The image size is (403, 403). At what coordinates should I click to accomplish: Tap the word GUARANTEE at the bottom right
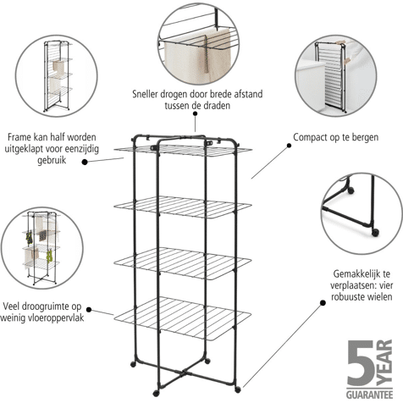[369, 395]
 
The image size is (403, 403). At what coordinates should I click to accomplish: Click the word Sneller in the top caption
[145, 94]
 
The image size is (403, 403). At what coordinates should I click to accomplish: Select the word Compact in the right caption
[308, 137]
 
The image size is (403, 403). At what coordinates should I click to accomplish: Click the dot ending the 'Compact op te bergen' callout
[289, 146]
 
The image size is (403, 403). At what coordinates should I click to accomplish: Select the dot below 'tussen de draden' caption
[195, 113]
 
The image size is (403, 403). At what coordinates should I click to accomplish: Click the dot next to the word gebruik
[85, 162]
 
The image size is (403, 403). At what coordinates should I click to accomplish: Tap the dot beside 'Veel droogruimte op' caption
[89, 310]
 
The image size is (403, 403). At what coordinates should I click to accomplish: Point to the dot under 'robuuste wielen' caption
[323, 303]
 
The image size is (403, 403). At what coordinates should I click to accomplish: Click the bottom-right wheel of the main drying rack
[238, 389]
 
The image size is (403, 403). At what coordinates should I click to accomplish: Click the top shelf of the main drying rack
[183, 150]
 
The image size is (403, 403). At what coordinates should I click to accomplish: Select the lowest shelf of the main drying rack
[182, 317]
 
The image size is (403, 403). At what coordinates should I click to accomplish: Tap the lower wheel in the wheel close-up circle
[375, 233]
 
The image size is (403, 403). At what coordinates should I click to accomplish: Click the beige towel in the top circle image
[193, 58]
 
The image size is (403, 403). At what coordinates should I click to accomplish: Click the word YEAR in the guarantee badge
[384, 362]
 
